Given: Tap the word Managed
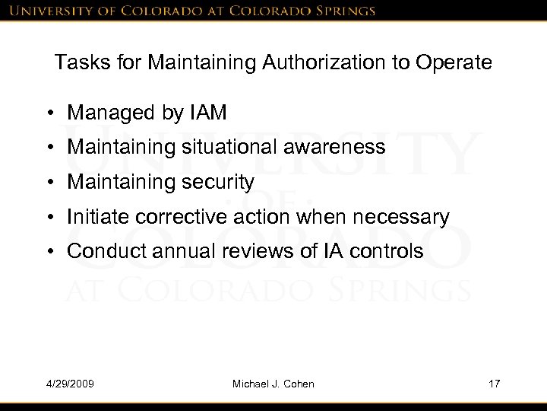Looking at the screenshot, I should pyautogui.click(x=106, y=113).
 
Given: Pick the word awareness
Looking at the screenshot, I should pyautogui.click(x=339, y=148).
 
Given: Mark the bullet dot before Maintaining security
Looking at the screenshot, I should pyautogui.click(x=51, y=183).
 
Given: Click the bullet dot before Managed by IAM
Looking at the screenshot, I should pyautogui.click(x=51, y=114).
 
